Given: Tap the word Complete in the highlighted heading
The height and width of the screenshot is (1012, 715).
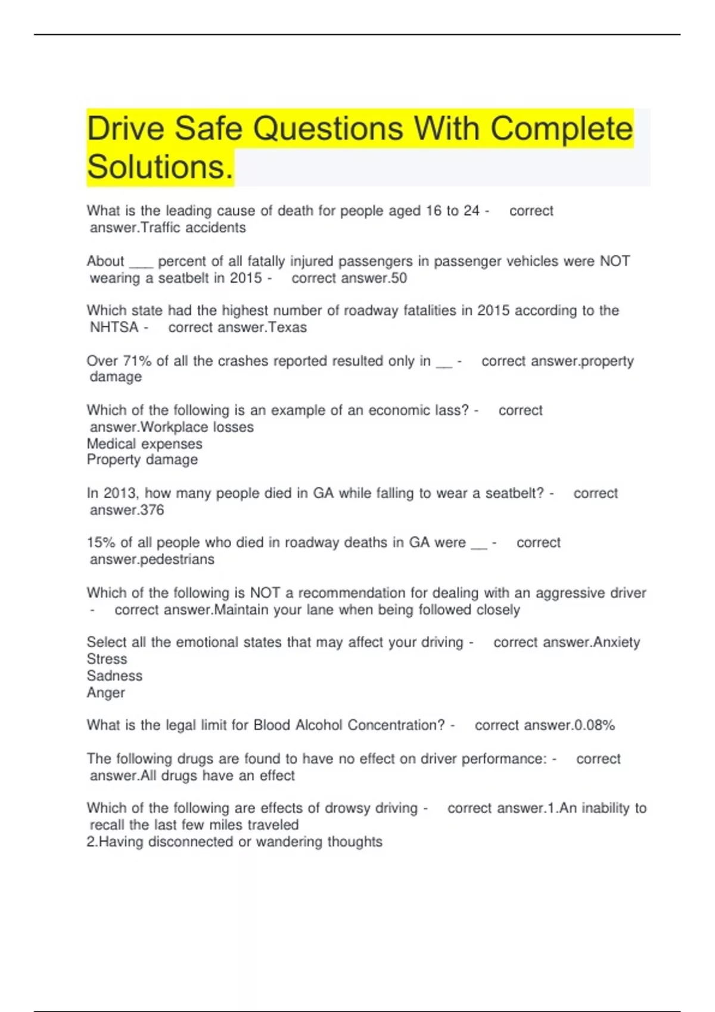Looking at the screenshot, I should coord(561,129).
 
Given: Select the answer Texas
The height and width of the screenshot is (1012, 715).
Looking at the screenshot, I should coord(287,327).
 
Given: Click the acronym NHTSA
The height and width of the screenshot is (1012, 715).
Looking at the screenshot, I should coord(114,327).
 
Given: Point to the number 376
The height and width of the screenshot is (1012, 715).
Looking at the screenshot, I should coord(152,510).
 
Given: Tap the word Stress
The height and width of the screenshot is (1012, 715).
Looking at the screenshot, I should coord(107,659).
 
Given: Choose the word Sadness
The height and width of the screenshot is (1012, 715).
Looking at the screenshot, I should coord(114,676).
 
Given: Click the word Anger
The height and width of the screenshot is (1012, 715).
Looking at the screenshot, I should coord(106,693).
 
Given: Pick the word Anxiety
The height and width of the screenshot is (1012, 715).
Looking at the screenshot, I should coord(617,642).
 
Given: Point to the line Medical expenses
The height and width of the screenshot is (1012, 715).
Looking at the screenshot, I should coord(144,443).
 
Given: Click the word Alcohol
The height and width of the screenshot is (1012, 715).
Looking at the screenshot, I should coord(319,725).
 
